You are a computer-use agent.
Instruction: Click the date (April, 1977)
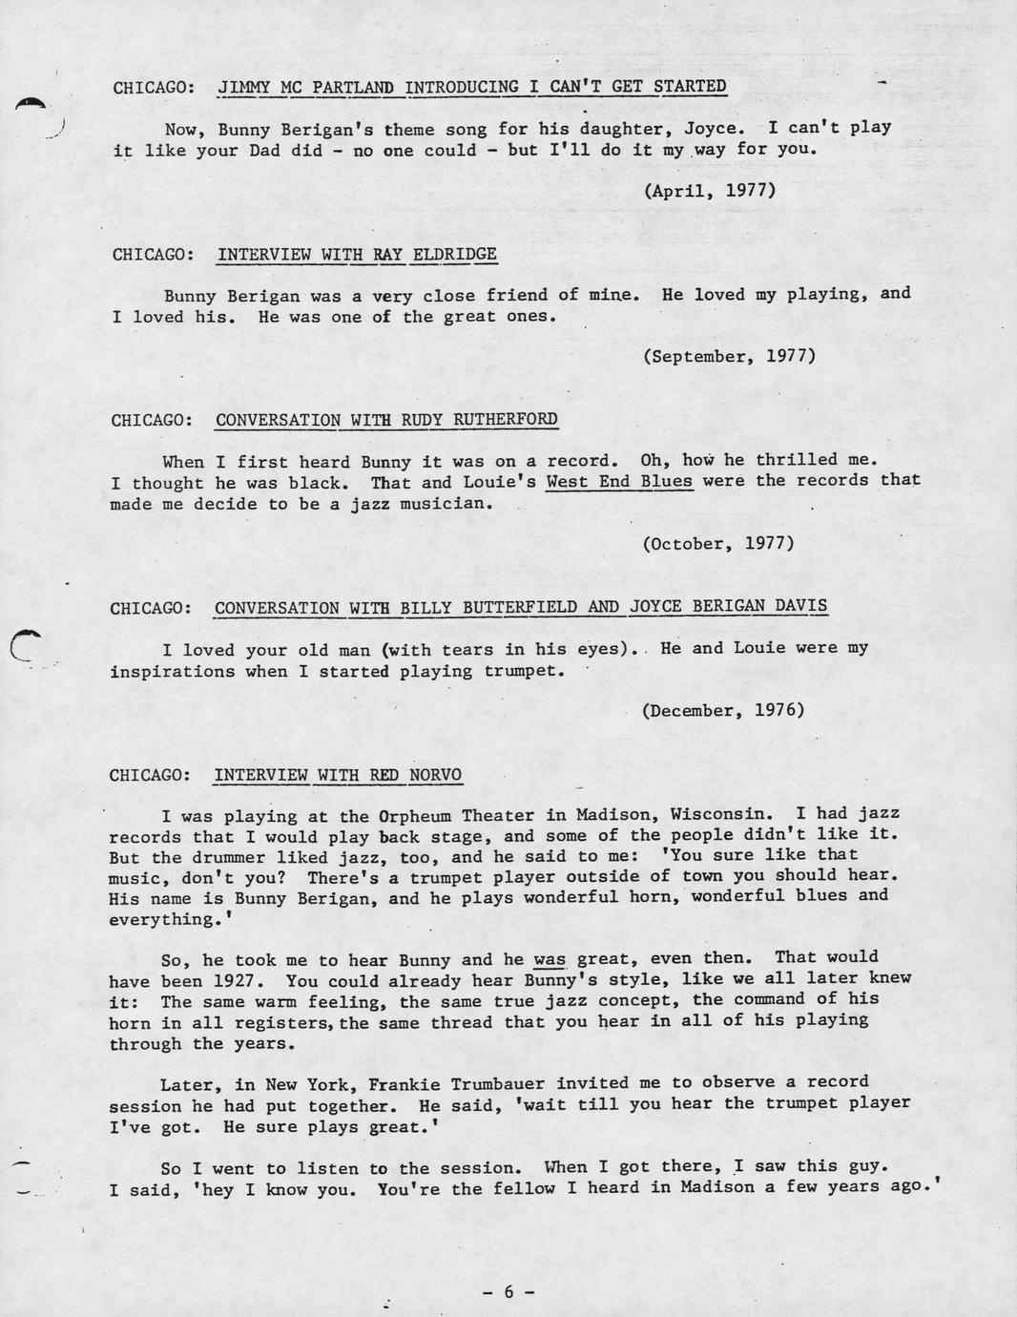pyautogui.click(x=709, y=190)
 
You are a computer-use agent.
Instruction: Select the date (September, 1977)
pyautogui.click(x=729, y=356)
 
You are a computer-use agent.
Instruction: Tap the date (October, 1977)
pyautogui.click(x=718, y=543)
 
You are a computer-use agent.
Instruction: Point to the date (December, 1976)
pyautogui.click(x=723, y=710)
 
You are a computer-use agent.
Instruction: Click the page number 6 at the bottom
pyautogui.click(x=508, y=1291)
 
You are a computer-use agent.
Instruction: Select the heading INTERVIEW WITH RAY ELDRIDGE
pyautogui.click(x=357, y=254)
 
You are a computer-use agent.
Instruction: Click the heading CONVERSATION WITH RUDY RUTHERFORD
pyautogui.click(x=386, y=420)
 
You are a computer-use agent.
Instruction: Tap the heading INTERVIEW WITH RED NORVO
pyautogui.click(x=339, y=774)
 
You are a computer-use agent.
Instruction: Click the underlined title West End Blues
pyautogui.click(x=619, y=481)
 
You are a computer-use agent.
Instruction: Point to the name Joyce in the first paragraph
pyautogui.click(x=708, y=129)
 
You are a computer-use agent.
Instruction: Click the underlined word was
pyautogui.click(x=550, y=959)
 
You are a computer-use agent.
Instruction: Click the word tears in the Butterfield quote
pyautogui.click(x=467, y=650)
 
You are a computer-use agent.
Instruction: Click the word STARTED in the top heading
pyautogui.click(x=690, y=87)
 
